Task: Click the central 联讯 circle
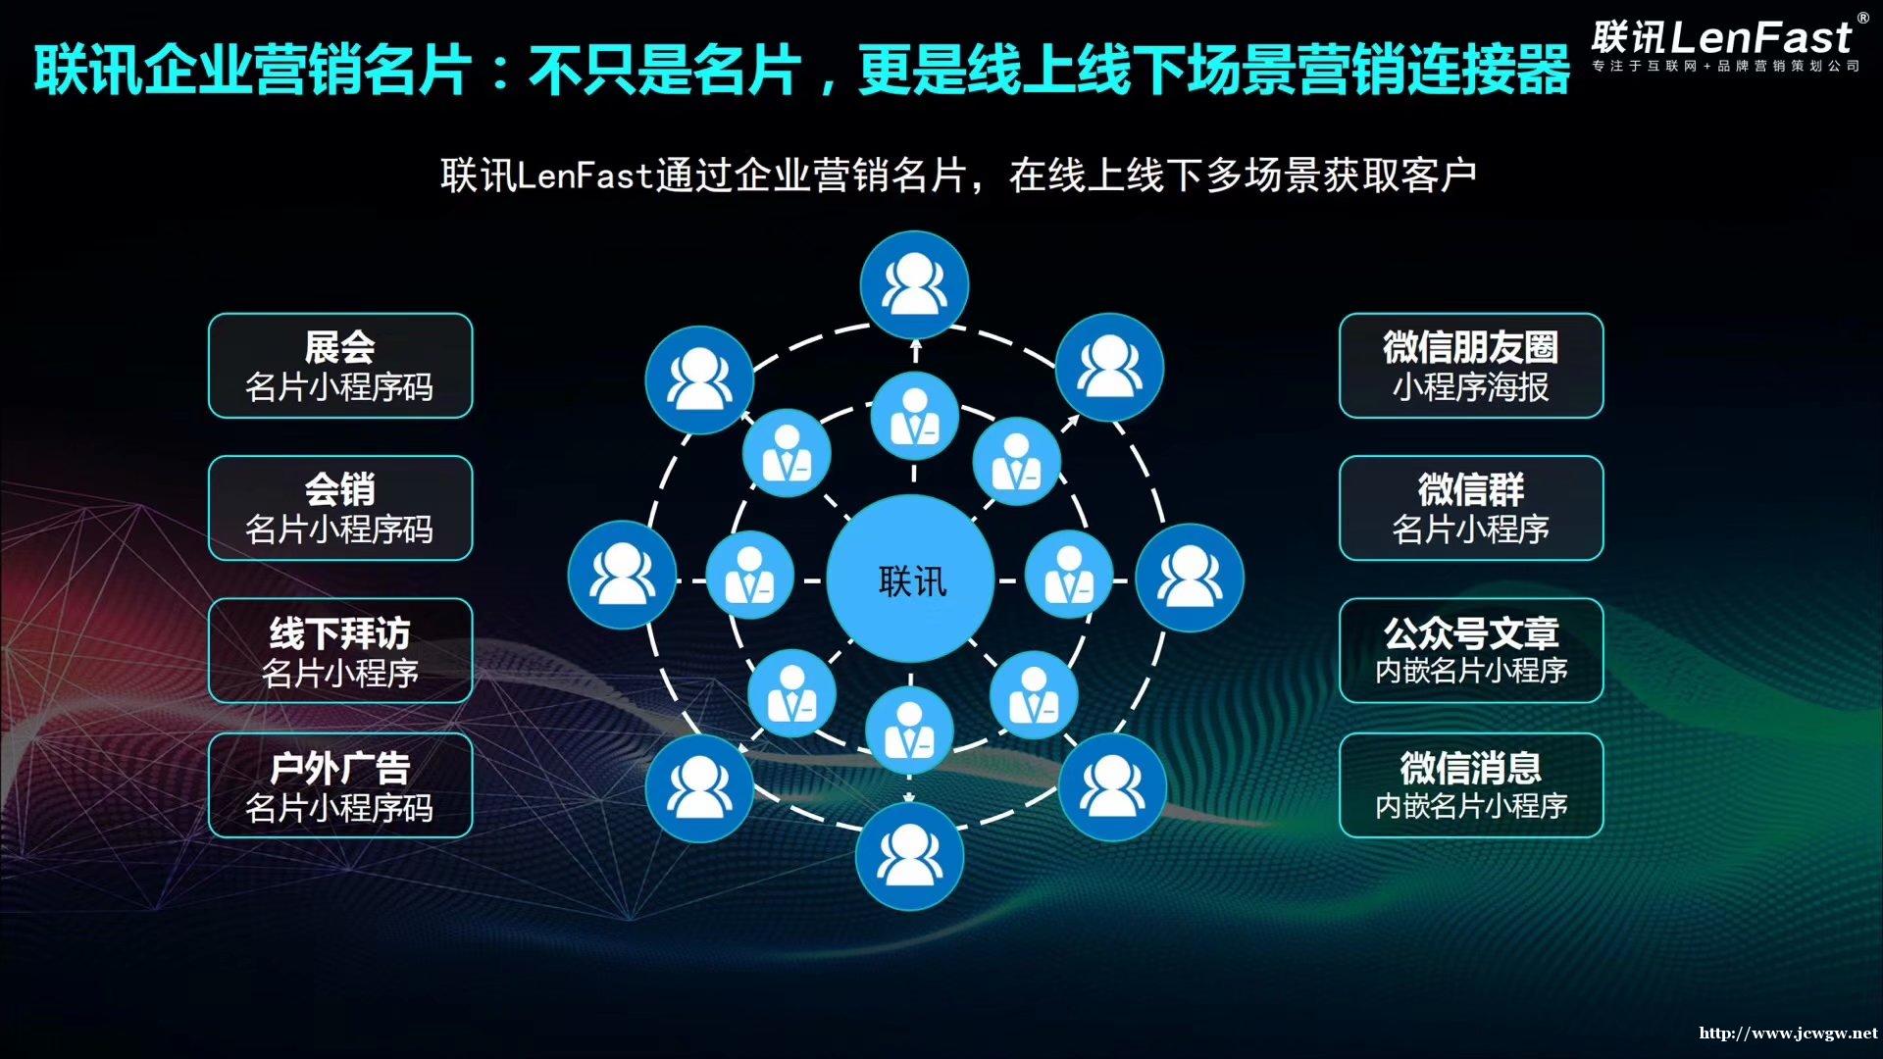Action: [x=911, y=580]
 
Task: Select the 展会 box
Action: [x=340, y=366]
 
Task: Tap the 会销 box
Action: [x=340, y=508]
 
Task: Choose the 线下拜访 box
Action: [x=340, y=651]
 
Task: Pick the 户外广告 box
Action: [x=340, y=785]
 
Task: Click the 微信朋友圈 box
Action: [x=1471, y=366]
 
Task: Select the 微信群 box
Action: [x=1471, y=508]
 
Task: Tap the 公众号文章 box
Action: [x=1471, y=651]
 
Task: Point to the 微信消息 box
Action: [x=1471, y=785]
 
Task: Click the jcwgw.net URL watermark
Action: [x=1788, y=1033]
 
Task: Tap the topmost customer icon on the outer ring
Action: [x=914, y=285]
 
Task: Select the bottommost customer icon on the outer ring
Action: [x=909, y=856]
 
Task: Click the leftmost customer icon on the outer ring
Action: [x=622, y=576]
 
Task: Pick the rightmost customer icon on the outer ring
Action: [x=1190, y=578]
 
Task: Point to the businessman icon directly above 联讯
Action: [x=914, y=417]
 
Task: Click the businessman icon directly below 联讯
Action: [x=909, y=731]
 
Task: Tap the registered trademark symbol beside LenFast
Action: [x=1862, y=18]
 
